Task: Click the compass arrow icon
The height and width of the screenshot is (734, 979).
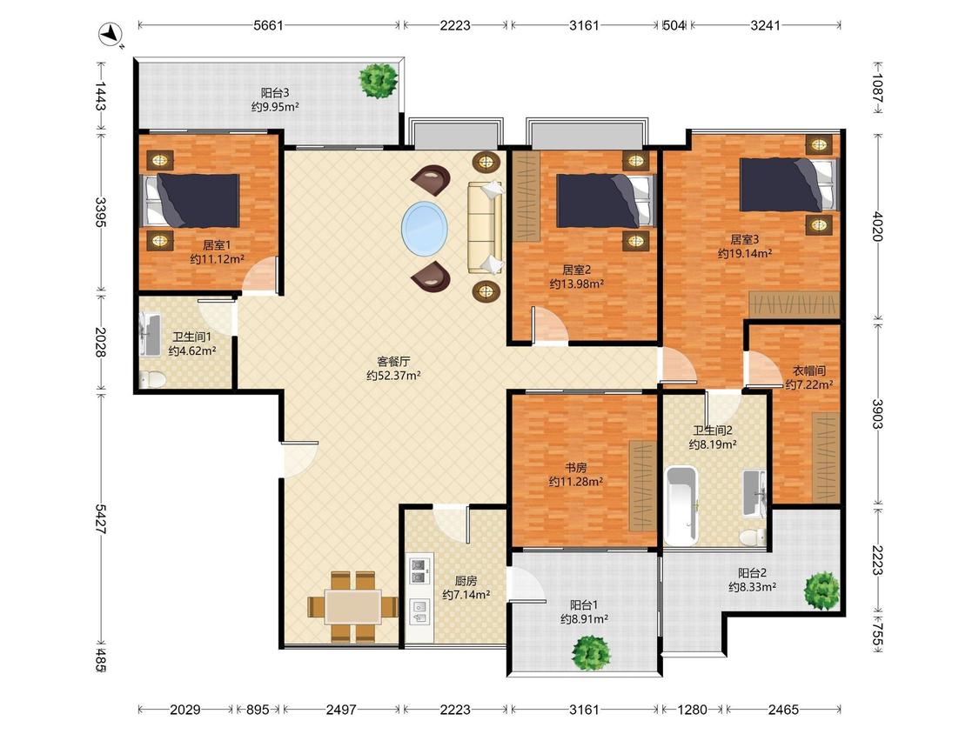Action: [111, 33]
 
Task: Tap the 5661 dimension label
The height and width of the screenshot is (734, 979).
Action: [269, 25]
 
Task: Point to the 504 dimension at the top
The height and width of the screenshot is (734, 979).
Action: [674, 25]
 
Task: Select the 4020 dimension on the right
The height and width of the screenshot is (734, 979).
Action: [878, 227]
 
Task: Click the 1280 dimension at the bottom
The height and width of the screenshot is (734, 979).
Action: [693, 710]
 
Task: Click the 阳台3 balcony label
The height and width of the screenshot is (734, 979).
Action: [275, 93]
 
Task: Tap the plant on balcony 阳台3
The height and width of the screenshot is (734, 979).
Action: [378, 80]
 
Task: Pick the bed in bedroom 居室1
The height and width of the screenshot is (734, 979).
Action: [191, 200]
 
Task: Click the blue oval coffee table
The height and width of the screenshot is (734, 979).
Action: [425, 228]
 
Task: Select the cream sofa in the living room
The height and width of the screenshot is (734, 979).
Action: [485, 228]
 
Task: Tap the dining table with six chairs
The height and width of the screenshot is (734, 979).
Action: [352, 606]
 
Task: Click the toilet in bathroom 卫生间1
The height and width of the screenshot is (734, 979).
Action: [152, 379]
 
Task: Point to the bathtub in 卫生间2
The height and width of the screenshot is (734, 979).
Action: [681, 505]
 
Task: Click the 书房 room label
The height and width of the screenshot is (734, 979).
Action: [576, 468]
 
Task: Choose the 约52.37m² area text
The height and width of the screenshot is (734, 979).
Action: [393, 376]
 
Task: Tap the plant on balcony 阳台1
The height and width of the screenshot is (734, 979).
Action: [591, 653]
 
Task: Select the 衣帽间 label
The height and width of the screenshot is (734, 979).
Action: [809, 370]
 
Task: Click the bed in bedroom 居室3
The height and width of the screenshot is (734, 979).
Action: [788, 184]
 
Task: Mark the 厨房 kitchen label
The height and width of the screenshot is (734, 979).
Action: [466, 581]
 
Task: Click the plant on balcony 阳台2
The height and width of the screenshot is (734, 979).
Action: [821, 591]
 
